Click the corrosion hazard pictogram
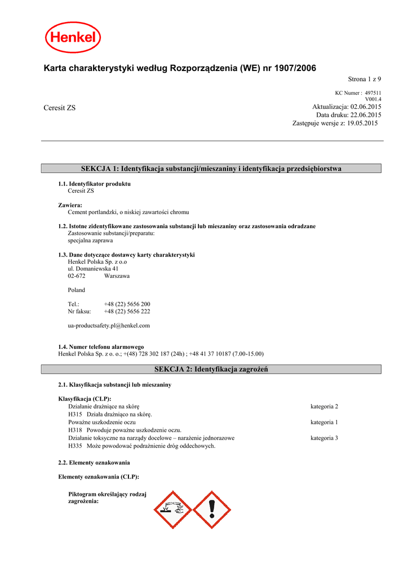tap(174, 509)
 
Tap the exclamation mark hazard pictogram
tap(212, 509)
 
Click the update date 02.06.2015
tap(366, 106)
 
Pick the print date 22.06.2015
tap(366, 114)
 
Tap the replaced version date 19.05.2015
tap(362, 123)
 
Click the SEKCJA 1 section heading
tap(211, 168)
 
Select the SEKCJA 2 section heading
tap(211, 369)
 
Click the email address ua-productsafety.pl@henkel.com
tap(109, 325)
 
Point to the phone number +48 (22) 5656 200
tap(127, 304)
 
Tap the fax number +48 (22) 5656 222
tap(127, 311)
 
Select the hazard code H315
tap(76, 414)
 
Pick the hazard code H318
tap(76, 430)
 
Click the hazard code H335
tap(76, 446)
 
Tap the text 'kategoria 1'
tap(324, 422)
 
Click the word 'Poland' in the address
tap(77, 290)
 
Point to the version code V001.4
tap(373, 99)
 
